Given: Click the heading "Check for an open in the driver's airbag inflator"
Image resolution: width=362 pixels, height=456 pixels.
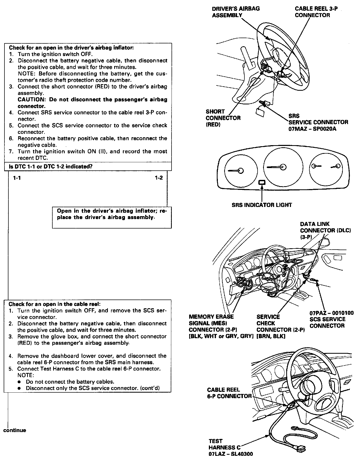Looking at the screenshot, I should (71, 48).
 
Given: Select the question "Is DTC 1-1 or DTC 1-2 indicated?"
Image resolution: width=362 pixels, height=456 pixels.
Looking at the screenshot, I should (51, 166).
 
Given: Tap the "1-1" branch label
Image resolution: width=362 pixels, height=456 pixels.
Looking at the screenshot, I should (17, 178).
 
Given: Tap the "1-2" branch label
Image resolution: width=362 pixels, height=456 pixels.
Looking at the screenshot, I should (159, 178).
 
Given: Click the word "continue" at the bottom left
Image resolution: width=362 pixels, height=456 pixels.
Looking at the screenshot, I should (15, 430).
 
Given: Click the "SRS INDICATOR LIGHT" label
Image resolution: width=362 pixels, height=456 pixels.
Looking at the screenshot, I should (262, 205).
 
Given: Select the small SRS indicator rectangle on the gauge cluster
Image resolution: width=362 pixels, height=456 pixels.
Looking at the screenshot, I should (262, 183).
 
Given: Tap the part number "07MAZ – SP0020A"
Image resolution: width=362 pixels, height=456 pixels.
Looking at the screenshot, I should (312, 129).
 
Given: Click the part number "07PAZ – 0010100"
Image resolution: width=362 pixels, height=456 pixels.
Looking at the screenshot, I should (331, 313).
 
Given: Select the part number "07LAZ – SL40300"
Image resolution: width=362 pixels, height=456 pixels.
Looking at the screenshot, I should (230, 453).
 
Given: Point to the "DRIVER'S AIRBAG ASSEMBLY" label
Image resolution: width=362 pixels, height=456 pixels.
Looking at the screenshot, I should (235, 12).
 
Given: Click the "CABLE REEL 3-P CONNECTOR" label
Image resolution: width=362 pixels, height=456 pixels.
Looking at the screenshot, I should (316, 12).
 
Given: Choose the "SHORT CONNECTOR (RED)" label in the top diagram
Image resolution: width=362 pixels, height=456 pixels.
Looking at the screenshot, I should (223, 118).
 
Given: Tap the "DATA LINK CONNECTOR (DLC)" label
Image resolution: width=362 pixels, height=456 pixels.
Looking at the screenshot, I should (325, 227).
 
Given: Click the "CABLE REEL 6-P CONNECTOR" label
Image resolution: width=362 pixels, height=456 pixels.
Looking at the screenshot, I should (229, 393).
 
